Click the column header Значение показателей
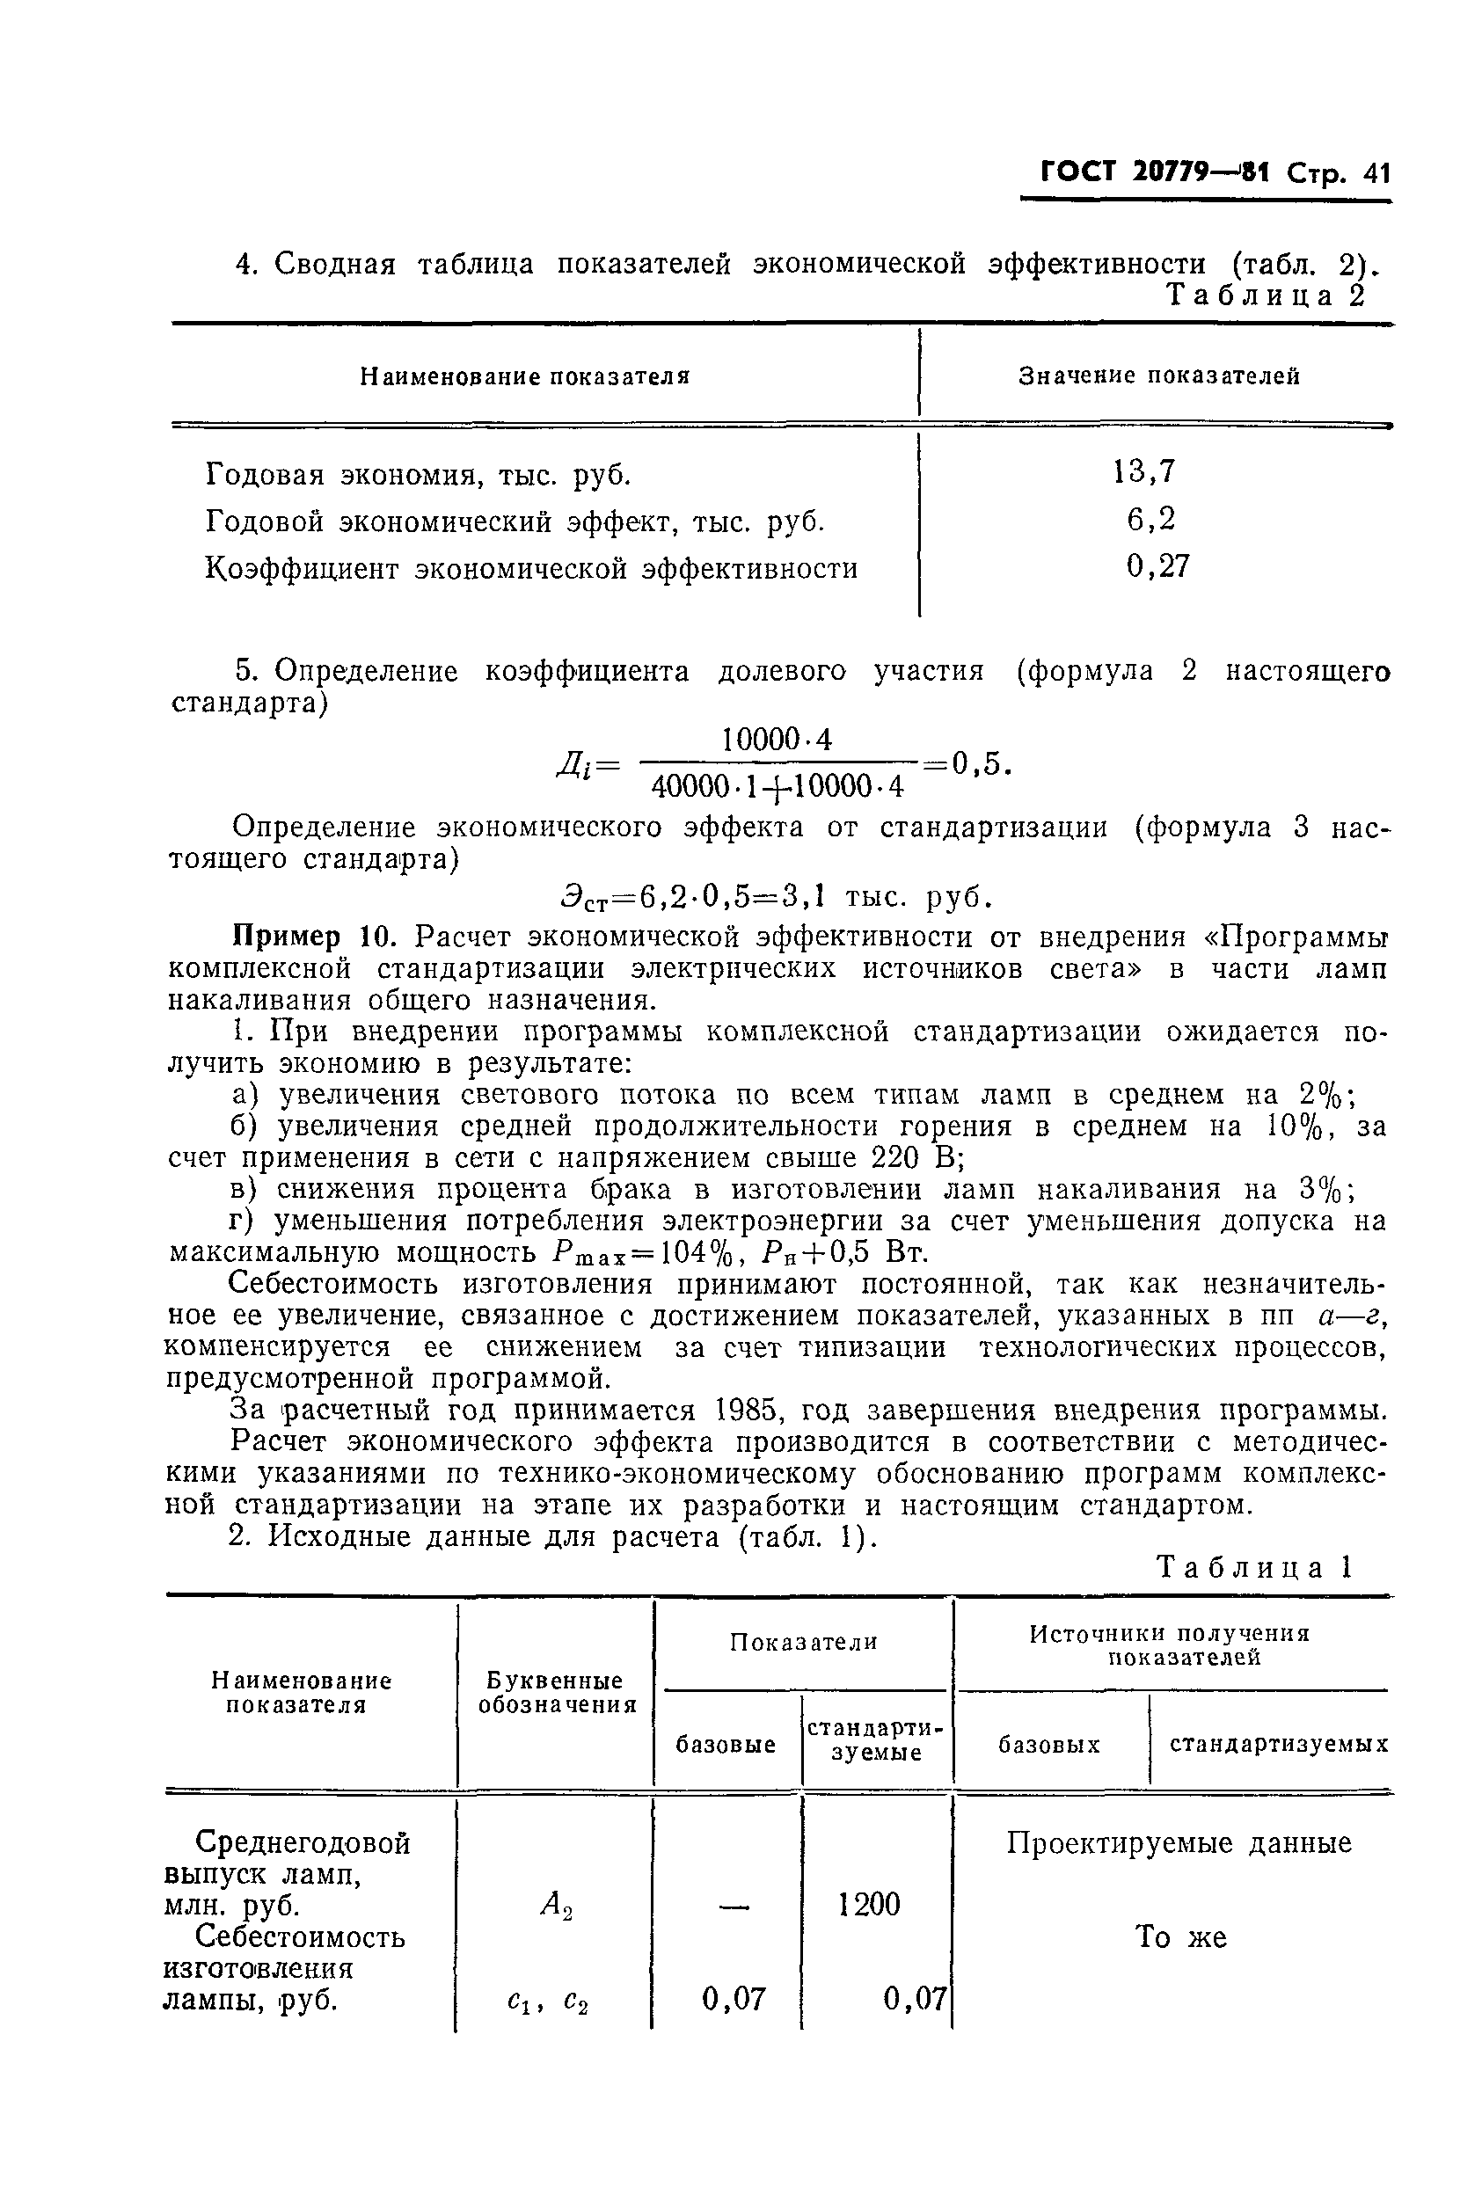(x=1158, y=376)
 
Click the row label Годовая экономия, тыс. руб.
(x=419, y=474)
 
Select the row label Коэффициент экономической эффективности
(x=531, y=569)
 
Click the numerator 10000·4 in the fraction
(x=777, y=740)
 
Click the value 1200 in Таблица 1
(x=869, y=1904)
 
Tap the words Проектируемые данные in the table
(x=1178, y=1842)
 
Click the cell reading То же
(x=1179, y=1937)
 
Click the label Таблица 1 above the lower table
(x=1254, y=1568)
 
